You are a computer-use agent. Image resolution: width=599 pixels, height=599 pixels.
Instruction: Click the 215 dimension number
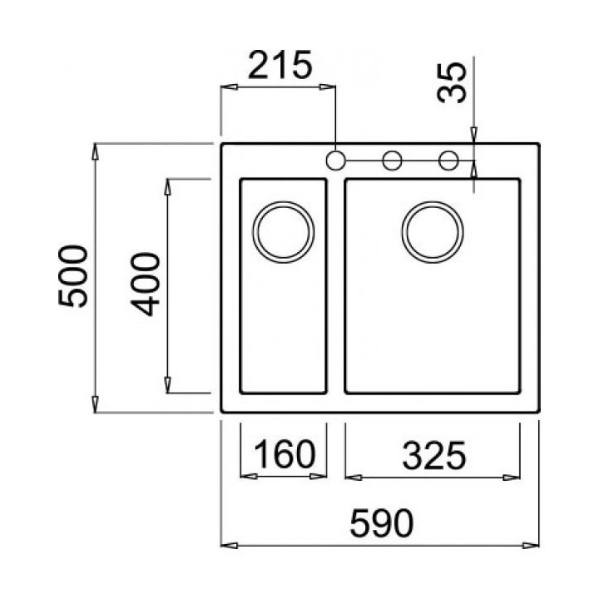(x=280, y=65)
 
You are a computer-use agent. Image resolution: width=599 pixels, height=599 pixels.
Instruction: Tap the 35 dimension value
(x=452, y=83)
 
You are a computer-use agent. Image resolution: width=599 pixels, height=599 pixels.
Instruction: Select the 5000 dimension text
(x=73, y=276)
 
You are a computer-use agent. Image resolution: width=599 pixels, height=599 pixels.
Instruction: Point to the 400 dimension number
(x=145, y=285)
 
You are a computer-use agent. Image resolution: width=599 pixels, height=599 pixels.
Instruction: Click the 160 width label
(x=285, y=454)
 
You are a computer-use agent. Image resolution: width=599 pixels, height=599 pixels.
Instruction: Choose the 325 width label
(x=434, y=455)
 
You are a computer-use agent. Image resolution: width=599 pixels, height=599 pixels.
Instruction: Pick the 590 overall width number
(x=382, y=523)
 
